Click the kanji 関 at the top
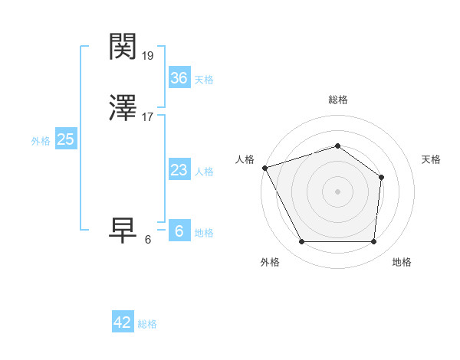(x=124, y=47)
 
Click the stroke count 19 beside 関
(x=148, y=56)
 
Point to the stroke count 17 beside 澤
(x=148, y=117)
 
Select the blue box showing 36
(x=179, y=78)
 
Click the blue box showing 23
(x=179, y=170)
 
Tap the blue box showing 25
(x=65, y=139)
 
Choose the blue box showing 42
(x=123, y=322)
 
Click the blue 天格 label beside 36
(x=204, y=80)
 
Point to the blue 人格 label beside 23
(x=204, y=172)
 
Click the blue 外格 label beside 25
(x=41, y=141)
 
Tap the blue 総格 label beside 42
(x=147, y=324)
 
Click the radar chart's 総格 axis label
(x=337, y=100)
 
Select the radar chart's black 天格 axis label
(x=431, y=159)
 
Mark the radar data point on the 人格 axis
(x=264, y=168)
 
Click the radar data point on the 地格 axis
(x=373, y=242)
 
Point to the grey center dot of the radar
(x=337, y=191)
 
